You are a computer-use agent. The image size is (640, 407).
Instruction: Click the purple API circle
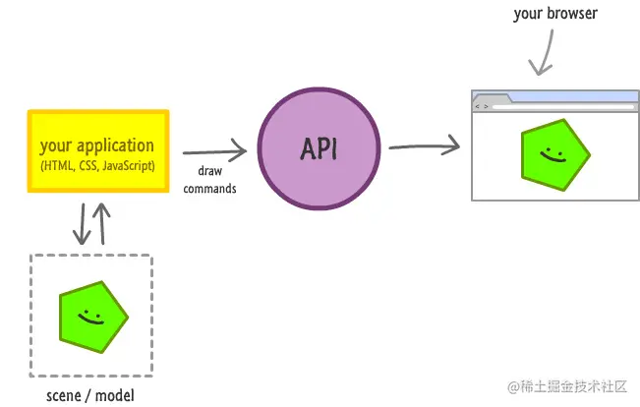click(320, 148)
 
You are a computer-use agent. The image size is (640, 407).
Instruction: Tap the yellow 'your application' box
click(98, 151)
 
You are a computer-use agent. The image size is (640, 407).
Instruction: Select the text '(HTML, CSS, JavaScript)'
click(97, 166)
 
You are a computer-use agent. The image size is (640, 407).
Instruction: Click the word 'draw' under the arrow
click(209, 171)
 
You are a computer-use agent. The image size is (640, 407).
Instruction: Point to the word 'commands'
click(209, 189)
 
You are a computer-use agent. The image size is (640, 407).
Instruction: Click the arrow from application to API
click(214, 151)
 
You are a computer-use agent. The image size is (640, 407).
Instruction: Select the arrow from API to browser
click(425, 146)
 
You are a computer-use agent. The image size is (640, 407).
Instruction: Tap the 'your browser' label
click(555, 14)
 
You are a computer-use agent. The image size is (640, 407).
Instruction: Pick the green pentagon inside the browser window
click(554, 155)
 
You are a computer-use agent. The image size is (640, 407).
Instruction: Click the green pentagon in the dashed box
click(93, 317)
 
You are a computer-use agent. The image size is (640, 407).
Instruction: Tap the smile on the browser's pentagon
click(553, 155)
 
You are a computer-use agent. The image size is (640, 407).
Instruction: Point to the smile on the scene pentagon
click(90, 318)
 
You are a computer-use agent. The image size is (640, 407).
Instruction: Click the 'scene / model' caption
click(90, 395)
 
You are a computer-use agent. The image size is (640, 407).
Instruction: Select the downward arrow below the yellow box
click(82, 224)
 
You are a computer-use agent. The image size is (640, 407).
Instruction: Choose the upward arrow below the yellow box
click(102, 224)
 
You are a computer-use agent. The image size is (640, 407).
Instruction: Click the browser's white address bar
click(563, 107)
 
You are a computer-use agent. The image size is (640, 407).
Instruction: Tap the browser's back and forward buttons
click(482, 106)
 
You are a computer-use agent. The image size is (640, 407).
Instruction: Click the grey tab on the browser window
click(492, 97)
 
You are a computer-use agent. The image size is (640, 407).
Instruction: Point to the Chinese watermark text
click(567, 386)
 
